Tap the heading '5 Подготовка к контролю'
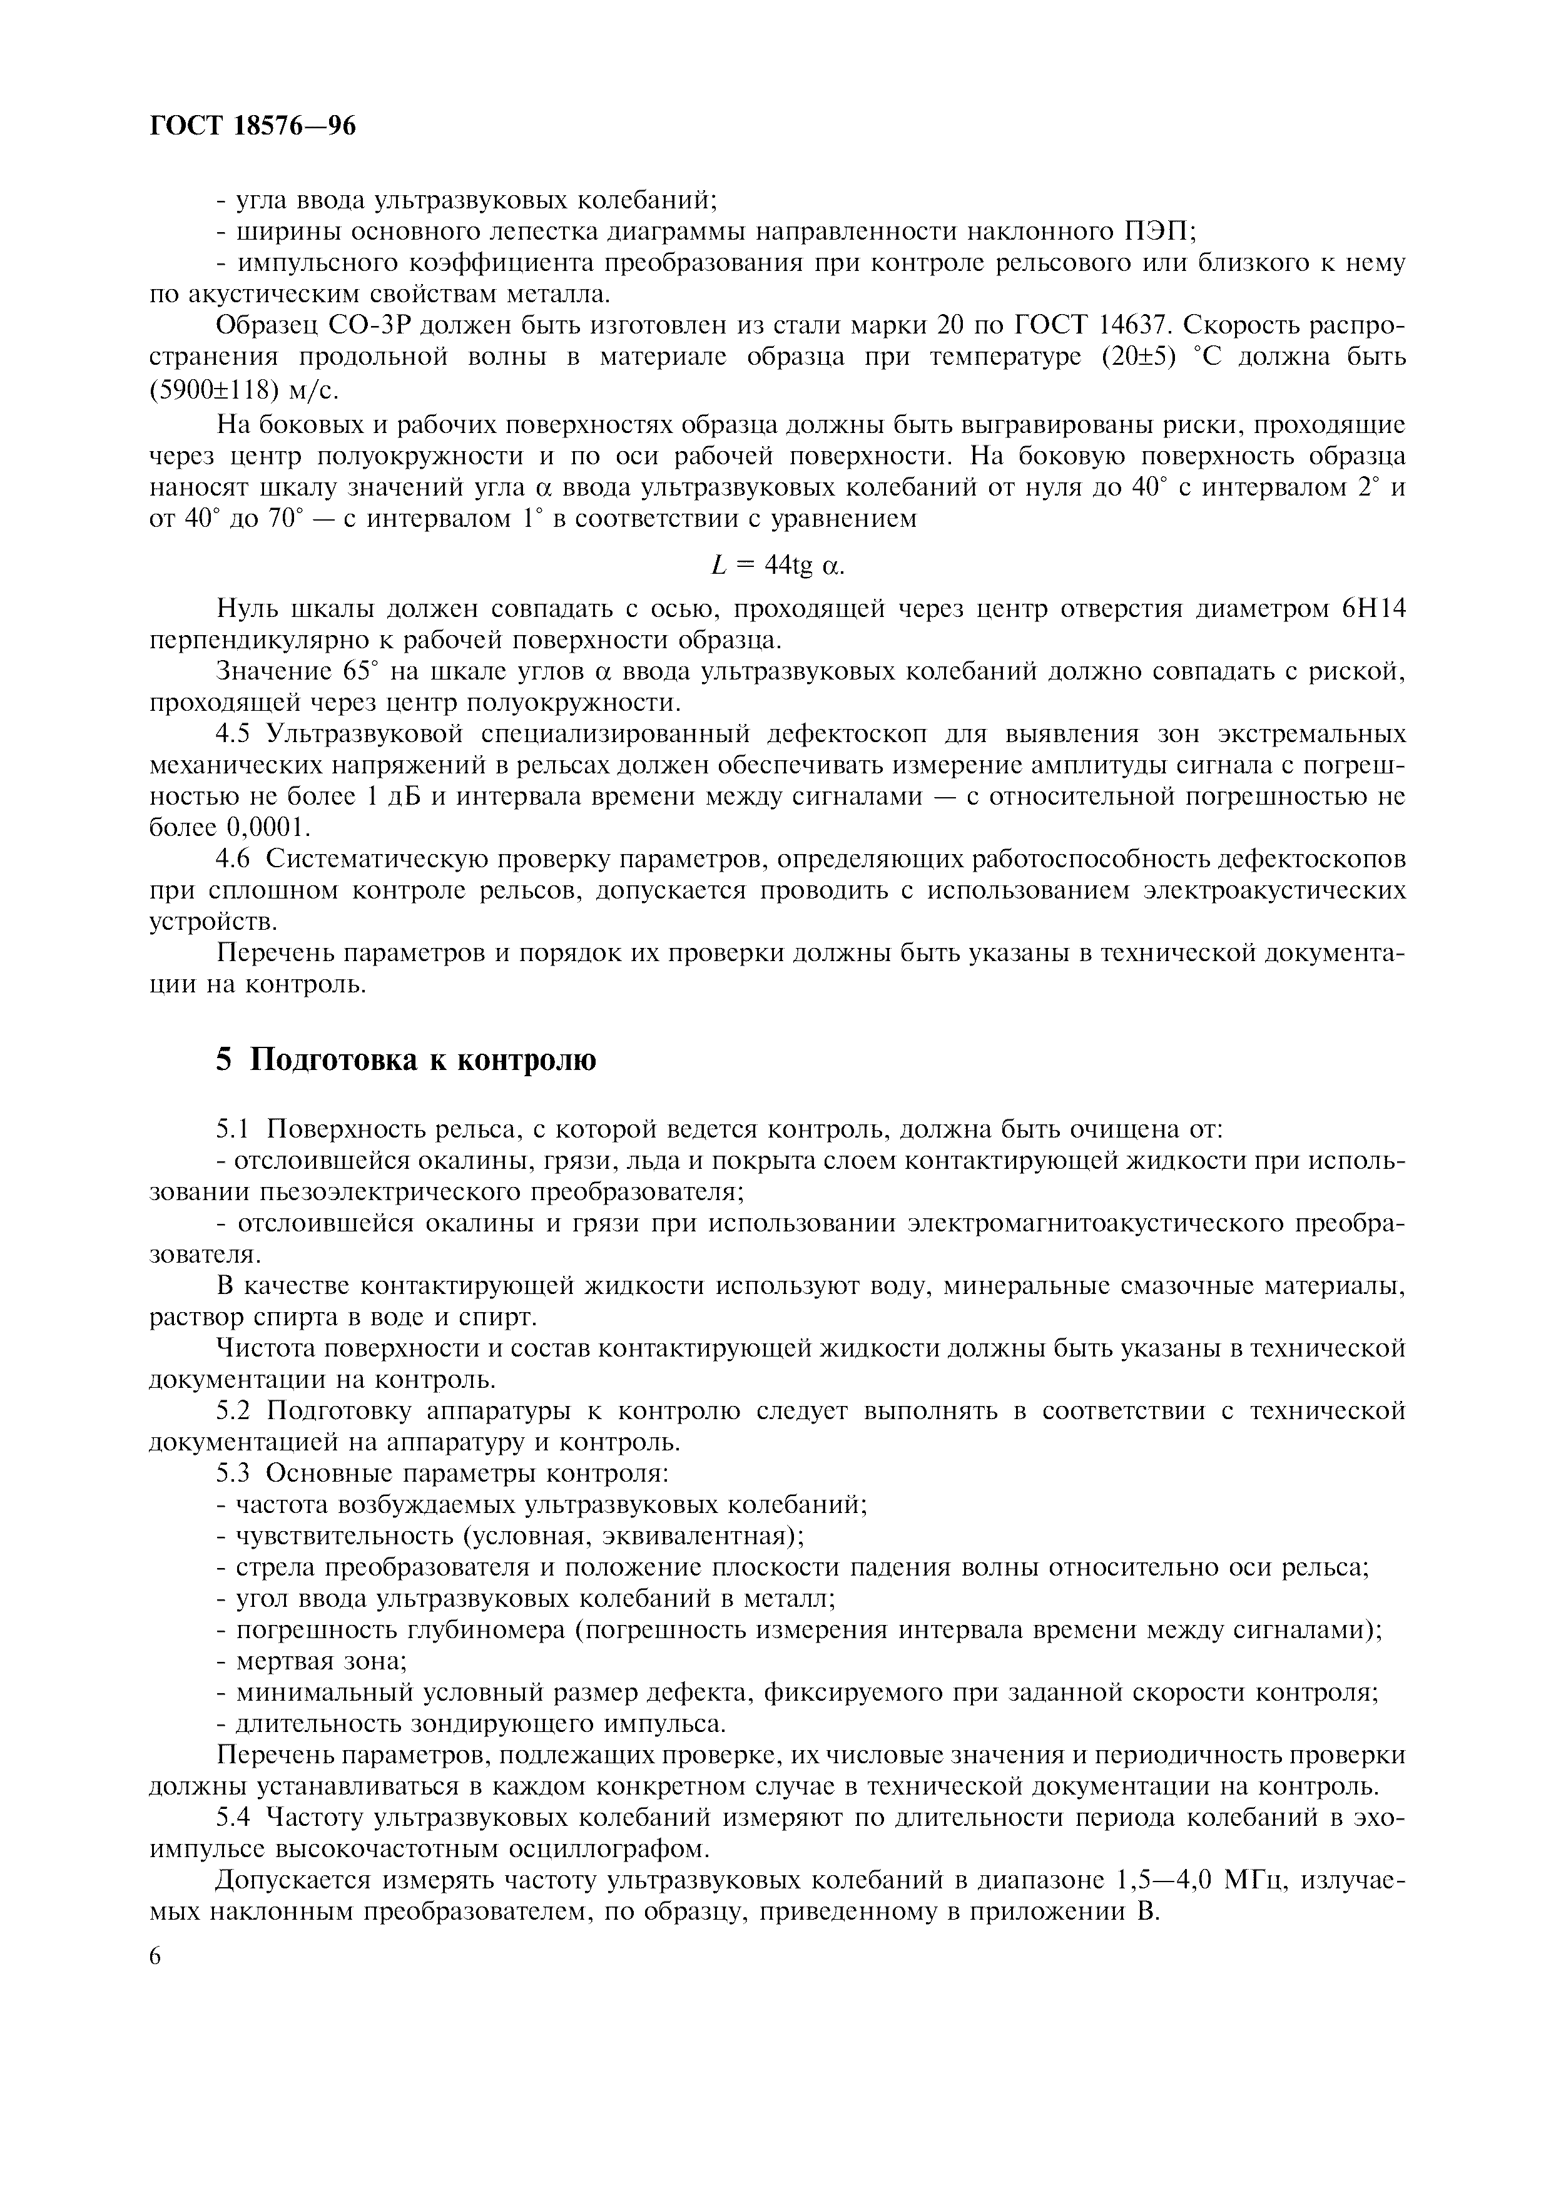[x=406, y=1060]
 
